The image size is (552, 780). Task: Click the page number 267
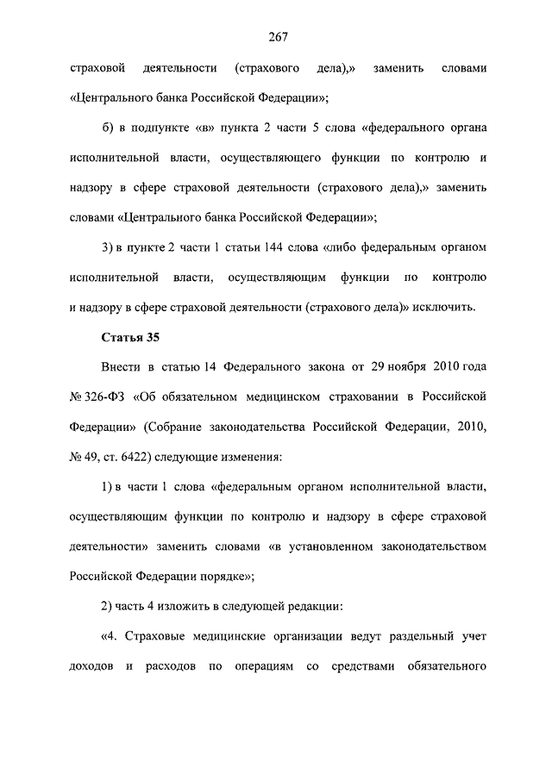[277, 36]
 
